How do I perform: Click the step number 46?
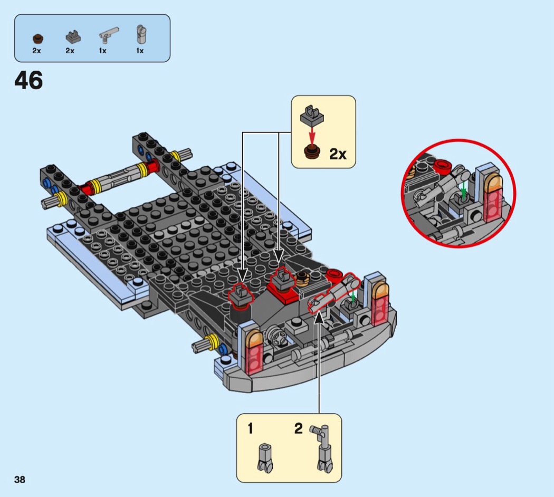tap(28, 80)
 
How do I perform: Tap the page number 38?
tap(20, 480)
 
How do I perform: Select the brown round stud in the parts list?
tap(37, 38)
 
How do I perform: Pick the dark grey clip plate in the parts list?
tap(73, 37)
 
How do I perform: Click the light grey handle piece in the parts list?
tap(109, 35)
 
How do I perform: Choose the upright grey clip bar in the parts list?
tap(141, 34)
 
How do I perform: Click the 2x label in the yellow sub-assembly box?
tap(338, 154)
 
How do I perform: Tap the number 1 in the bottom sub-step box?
tap(251, 428)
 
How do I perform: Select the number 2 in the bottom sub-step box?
tap(299, 428)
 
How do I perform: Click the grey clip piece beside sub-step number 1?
tap(265, 458)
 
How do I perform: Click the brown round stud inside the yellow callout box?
tap(312, 151)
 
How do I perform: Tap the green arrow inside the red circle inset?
tap(464, 189)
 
